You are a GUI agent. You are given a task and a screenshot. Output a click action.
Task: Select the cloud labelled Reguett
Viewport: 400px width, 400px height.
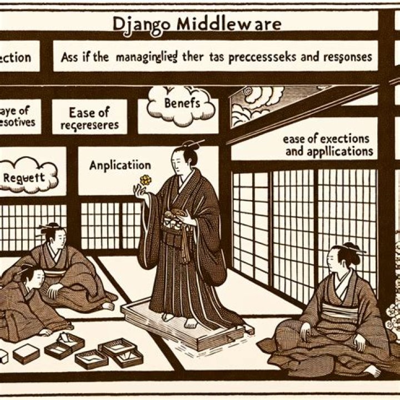pyautogui.click(x=28, y=176)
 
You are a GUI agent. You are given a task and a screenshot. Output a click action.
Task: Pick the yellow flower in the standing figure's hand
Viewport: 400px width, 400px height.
pyautogui.click(x=146, y=180)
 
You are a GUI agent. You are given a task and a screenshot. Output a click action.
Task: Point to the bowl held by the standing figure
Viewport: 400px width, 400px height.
pyautogui.click(x=177, y=214)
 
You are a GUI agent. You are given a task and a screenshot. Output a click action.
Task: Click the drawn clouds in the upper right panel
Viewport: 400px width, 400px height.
pyautogui.click(x=256, y=103)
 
